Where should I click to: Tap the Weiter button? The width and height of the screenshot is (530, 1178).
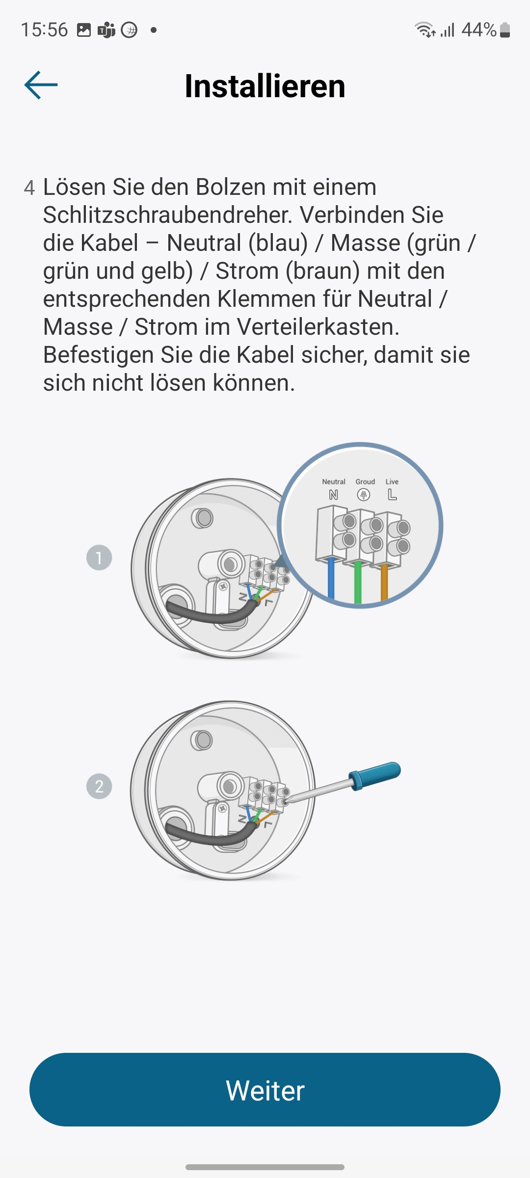[x=265, y=1090]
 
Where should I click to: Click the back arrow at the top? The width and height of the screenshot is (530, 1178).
[x=41, y=85]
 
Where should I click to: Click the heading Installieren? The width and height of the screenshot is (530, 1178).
[x=265, y=86]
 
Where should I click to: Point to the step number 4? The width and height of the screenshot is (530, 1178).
[x=29, y=188]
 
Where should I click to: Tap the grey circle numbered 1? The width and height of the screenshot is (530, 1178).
[x=99, y=558]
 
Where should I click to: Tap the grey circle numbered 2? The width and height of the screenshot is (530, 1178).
[x=99, y=786]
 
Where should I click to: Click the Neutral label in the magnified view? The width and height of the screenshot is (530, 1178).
[x=334, y=482]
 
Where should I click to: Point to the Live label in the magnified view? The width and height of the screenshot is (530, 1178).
[x=392, y=482]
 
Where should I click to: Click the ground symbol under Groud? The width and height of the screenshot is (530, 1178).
[x=364, y=495]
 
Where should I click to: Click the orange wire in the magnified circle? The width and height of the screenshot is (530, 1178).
[x=384, y=583]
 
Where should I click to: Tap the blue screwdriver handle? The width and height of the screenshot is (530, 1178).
[x=375, y=776]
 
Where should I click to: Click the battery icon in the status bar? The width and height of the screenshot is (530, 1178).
[x=505, y=30]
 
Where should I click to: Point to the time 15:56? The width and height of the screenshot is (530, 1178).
[x=44, y=30]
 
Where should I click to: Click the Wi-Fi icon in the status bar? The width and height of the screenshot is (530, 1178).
[x=424, y=30]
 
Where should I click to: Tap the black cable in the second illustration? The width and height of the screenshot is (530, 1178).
[x=211, y=834]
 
